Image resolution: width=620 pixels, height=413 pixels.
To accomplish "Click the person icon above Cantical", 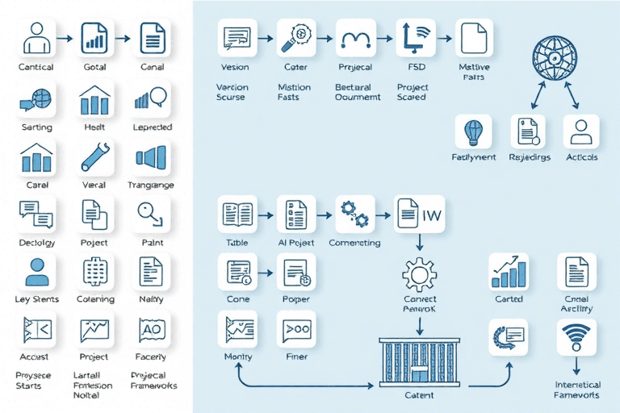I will click(x=36, y=37).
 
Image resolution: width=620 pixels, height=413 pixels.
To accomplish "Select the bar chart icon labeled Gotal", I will click(x=94, y=37).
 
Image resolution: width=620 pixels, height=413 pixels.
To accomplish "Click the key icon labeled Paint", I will click(x=152, y=213).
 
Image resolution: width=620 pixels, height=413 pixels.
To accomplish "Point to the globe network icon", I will click(x=555, y=59).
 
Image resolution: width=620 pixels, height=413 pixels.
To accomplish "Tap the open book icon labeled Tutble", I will click(x=237, y=214).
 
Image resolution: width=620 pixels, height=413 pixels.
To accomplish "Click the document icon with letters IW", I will click(x=420, y=214).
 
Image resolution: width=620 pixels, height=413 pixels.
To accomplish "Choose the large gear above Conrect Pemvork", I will click(x=419, y=274).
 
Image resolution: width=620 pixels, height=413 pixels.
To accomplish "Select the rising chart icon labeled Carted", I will click(x=509, y=271).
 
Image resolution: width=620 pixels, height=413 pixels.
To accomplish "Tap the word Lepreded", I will click(x=152, y=127).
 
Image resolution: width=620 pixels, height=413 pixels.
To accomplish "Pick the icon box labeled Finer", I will click(x=295, y=329).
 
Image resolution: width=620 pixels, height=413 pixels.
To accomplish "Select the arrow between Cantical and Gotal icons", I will click(x=66, y=37).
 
